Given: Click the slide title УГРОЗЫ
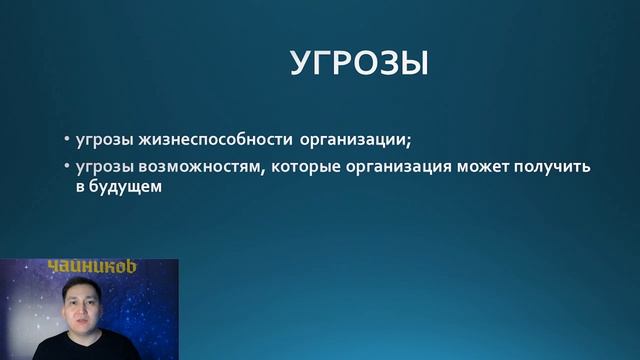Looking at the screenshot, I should click(x=359, y=63).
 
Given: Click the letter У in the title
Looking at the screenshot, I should click(x=301, y=63).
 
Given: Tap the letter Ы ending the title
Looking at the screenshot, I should click(x=414, y=63).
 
